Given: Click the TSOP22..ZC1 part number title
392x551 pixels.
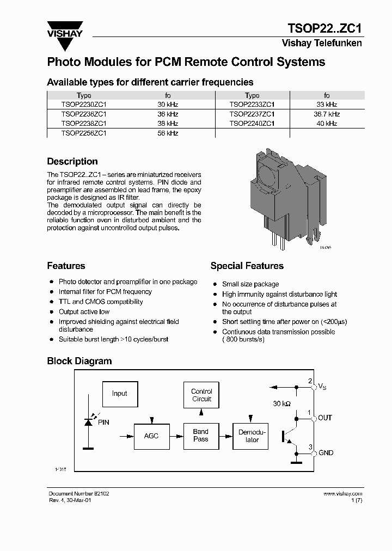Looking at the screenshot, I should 324,29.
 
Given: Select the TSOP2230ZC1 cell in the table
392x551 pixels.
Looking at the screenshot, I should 84,105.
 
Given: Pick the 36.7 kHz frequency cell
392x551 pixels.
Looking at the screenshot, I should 326,114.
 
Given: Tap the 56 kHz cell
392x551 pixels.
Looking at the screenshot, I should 168,133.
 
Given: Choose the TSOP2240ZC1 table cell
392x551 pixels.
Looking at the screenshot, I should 252,124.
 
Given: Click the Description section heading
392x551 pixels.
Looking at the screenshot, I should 72,162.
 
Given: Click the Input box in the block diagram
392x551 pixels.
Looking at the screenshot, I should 119,394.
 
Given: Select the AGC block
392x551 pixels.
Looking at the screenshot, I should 151,436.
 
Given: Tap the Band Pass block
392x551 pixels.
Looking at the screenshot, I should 201,436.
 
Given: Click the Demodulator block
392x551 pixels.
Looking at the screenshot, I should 250,436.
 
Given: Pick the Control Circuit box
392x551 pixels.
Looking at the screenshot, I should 201,395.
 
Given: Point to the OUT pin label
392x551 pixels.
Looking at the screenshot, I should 324,418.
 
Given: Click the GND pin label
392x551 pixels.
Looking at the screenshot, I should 326,453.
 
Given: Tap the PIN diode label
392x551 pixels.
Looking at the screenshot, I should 103,422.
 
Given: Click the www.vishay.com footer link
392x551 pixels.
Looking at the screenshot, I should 342,493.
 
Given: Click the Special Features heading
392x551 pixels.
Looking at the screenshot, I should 247,266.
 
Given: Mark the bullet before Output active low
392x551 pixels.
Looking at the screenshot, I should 51,312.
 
